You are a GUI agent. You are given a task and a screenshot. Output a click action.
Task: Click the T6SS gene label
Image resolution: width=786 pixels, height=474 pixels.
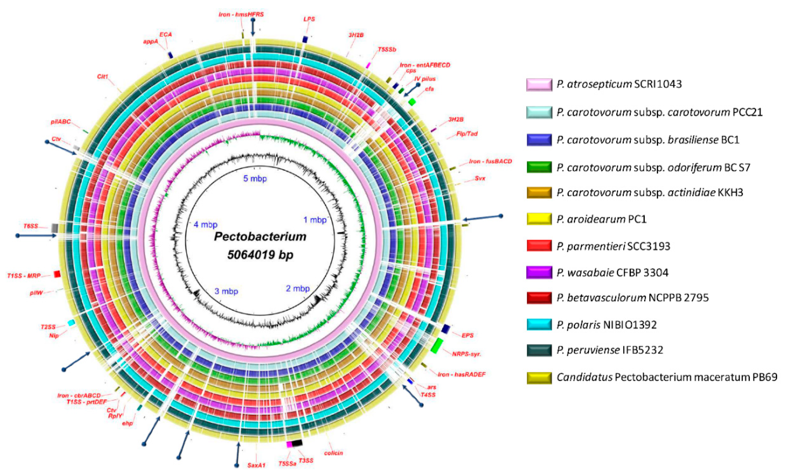coord(31,226)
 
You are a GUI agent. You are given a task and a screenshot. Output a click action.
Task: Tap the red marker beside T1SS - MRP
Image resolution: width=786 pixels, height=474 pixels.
coord(57,274)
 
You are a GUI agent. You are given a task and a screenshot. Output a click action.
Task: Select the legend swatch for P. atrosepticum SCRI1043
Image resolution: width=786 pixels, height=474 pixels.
coord(539,85)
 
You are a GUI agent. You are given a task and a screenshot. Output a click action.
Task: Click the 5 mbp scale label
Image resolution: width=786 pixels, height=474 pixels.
coord(255,178)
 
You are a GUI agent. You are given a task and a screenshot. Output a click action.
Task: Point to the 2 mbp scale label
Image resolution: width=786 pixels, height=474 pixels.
coord(298,289)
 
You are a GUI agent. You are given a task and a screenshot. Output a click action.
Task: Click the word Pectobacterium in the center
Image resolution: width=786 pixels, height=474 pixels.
coord(260,237)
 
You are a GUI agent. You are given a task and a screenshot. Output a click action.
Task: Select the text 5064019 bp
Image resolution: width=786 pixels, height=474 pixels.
coord(260,255)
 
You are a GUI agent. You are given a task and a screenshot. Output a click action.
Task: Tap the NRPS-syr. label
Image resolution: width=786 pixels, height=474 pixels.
coord(466,354)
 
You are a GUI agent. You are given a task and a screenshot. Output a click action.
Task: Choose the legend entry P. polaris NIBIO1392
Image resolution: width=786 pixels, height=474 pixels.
coord(606,325)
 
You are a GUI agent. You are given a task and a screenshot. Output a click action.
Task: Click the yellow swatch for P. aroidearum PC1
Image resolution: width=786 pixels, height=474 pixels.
coord(539,219)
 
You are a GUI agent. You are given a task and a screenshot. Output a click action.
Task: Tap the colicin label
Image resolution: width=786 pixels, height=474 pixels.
coord(333,453)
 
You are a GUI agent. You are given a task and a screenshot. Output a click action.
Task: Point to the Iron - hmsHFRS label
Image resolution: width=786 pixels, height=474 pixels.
coord(241,14)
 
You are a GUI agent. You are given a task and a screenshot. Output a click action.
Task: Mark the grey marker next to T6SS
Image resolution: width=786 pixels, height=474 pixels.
coord(55,227)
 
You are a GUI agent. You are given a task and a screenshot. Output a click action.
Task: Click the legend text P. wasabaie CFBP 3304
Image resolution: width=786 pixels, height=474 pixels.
coord(612,273)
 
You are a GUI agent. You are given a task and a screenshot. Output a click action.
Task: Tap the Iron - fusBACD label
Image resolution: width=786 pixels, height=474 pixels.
coord(490,161)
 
